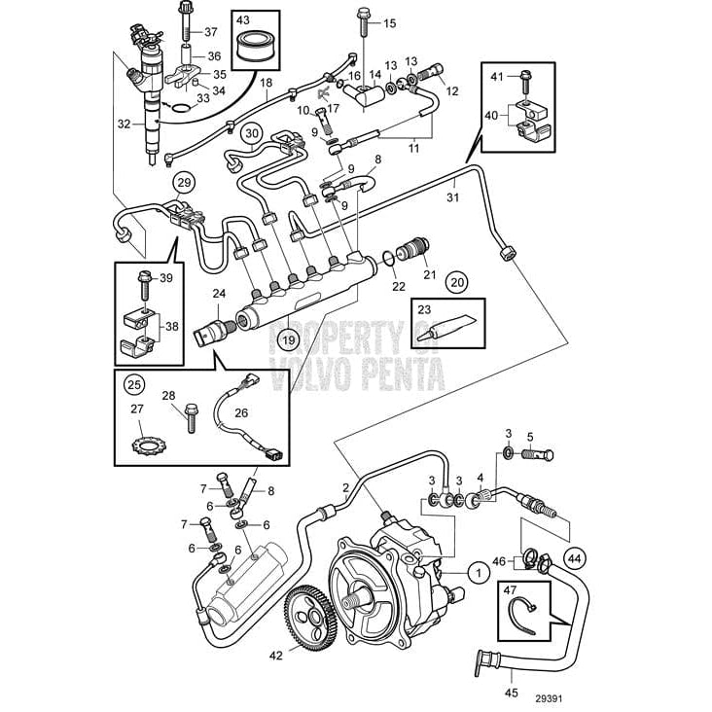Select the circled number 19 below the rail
point(287,339)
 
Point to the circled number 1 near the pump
point(479,574)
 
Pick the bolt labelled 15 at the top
point(362,17)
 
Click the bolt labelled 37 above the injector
point(186,18)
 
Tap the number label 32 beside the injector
point(123,124)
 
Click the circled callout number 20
point(456,282)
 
